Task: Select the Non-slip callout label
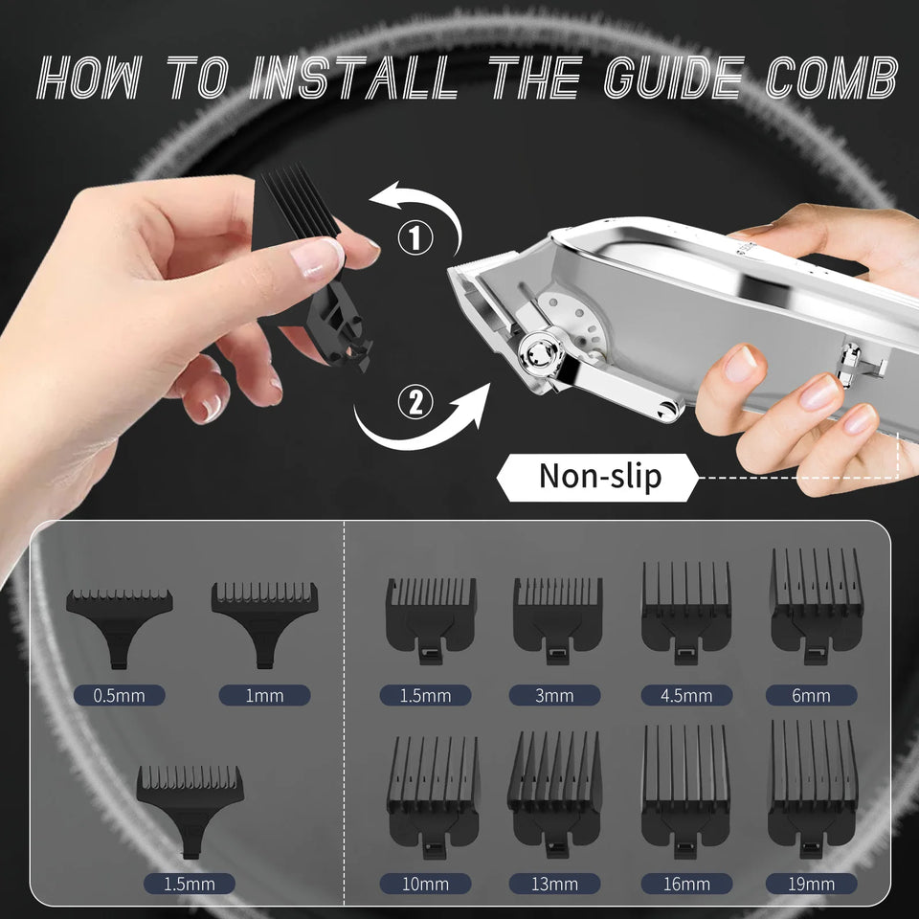click(599, 476)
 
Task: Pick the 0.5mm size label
click(119, 696)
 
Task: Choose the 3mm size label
click(554, 696)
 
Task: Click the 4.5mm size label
click(685, 696)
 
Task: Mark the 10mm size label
click(425, 884)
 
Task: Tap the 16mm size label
click(685, 884)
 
